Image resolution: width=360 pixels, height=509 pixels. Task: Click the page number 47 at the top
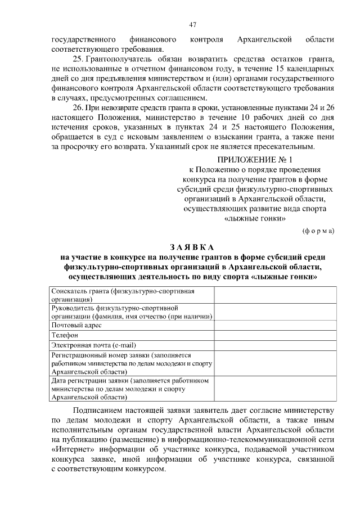(x=192, y=24)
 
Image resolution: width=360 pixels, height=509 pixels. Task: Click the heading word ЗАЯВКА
(x=192, y=247)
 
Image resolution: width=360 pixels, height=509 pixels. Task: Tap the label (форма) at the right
(x=318, y=231)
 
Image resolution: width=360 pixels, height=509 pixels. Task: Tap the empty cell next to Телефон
(x=275, y=335)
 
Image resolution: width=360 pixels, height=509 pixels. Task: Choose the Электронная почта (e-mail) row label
(x=94, y=345)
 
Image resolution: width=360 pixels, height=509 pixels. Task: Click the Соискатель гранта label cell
(x=132, y=295)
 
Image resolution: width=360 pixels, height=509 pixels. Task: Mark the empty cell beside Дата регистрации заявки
(x=275, y=388)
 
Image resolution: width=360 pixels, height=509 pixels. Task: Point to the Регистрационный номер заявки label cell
(x=132, y=363)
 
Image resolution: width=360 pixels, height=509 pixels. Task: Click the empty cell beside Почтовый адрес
(x=275, y=325)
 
